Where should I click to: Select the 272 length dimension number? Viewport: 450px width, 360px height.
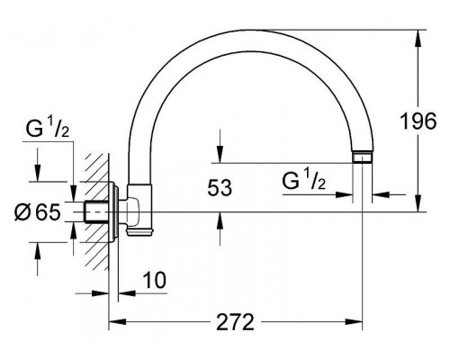235,322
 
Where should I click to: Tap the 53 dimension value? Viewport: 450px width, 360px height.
220,188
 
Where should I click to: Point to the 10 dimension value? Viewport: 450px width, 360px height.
155,280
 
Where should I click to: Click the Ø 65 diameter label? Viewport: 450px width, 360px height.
38,212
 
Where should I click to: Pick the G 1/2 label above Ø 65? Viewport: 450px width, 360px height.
48,127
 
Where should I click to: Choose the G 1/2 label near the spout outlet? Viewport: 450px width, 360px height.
304,179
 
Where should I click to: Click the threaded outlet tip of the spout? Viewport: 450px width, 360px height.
363,158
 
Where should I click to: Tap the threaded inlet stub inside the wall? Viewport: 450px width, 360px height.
96,212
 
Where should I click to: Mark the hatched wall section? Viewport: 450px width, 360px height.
96,211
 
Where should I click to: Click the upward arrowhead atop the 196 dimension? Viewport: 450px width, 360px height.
418,39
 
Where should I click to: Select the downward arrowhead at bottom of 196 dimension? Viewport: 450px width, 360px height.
418,203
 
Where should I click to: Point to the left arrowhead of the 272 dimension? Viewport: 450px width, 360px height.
117,322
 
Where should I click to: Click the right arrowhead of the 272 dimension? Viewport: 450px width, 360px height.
354,322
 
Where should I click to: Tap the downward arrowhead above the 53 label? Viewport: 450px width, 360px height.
220,154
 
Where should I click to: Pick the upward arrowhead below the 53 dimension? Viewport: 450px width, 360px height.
220,220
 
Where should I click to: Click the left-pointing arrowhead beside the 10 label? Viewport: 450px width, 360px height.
127,293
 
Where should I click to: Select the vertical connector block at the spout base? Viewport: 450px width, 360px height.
139,210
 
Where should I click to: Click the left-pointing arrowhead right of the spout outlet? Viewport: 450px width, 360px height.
381,194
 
